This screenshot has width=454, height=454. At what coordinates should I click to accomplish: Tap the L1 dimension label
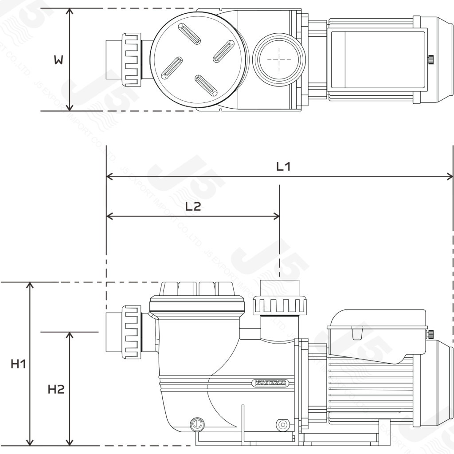pos(283,167)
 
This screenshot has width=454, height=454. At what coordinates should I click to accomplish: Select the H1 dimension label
pos(18,364)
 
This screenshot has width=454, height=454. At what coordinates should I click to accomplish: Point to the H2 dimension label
pos(56,389)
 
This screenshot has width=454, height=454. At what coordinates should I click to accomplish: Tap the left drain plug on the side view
pos(196,425)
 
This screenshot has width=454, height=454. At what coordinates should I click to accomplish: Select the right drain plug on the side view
pos(281,425)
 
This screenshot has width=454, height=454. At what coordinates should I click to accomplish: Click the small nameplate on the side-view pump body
pos(270,383)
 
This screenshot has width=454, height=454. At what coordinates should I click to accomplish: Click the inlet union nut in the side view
pos(132,331)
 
